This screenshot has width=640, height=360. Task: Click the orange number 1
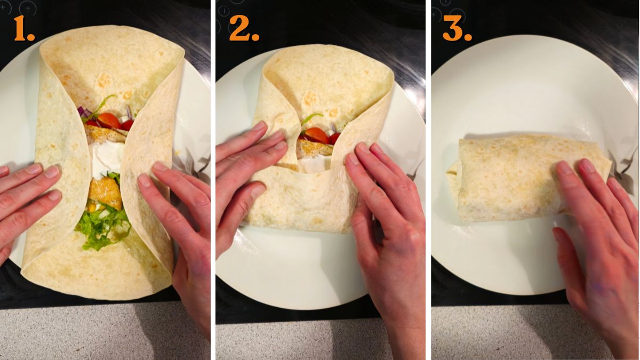pyautogui.click(x=24, y=29)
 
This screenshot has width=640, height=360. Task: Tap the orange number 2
pyautogui.click(x=244, y=29)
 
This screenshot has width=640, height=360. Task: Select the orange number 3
pyautogui.click(x=457, y=29)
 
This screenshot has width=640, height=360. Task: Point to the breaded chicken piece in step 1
pyautogui.click(x=105, y=192)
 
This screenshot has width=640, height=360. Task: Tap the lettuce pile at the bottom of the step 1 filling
pyautogui.click(x=102, y=227)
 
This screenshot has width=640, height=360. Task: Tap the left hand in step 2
pyautogui.click(x=245, y=171)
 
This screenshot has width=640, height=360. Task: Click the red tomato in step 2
pyautogui.click(x=317, y=135)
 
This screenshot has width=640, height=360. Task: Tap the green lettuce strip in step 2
pyautogui.click(x=311, y=118)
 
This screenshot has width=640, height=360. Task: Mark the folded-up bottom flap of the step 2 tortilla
pyautogui.click(x=299, y=203)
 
